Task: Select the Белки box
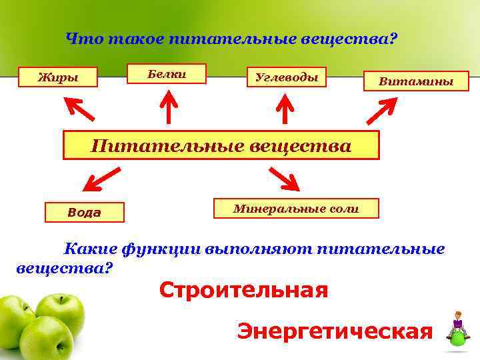click(x=167, y=74)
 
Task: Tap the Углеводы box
click(x=287, y=77)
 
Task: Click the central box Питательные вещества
click(x=221, y=145)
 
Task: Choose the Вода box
click(x=84, y=213)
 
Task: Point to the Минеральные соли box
click(x=296, y=209)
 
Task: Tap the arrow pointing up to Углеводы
click(x=285, y=109)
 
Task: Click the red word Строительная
click(x=243, y=290)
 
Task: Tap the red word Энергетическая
click(x=335, y=331)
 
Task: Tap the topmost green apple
click(x=60, y=312)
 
